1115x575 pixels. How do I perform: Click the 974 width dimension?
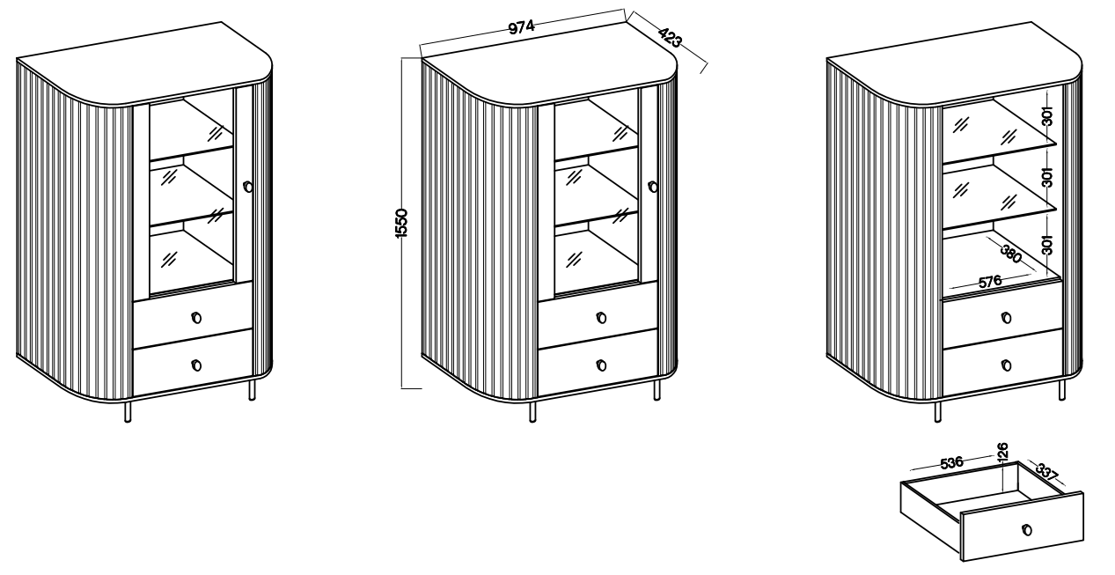[x=521, y=27]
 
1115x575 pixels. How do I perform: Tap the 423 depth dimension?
[x=670, y=37]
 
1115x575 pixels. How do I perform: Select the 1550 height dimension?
[x=401, y=224]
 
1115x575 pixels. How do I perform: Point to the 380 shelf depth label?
[x=1011, y=254]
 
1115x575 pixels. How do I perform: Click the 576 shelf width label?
[x=990, y=282]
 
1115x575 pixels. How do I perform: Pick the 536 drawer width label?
[x=951, y=463]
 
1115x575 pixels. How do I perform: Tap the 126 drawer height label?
[x=1002, y=451]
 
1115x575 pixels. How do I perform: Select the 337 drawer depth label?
[x=1047, y=472]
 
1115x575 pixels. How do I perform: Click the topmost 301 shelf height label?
[x=1048, y=116]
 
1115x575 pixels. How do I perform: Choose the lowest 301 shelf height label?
[x=1048, y=245]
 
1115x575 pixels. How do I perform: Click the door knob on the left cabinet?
[x=248, y=187]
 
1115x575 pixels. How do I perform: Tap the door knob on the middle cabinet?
[x=653, y=187]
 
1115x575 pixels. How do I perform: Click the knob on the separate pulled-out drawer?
[x=1026, y=530]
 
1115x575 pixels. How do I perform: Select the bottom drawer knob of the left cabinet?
[x=196, y=365]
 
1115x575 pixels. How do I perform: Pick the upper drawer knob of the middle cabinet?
[x=602, y=317]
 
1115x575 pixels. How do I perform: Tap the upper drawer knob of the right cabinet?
[x=1007, y=317]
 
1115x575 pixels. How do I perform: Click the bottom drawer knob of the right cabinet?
[x=1007, y=365]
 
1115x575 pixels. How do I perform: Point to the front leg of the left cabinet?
[x=128, y=411]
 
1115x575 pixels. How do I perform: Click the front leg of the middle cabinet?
[x=533, y=411]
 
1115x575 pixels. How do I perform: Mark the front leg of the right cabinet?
[x=938, y=411]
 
